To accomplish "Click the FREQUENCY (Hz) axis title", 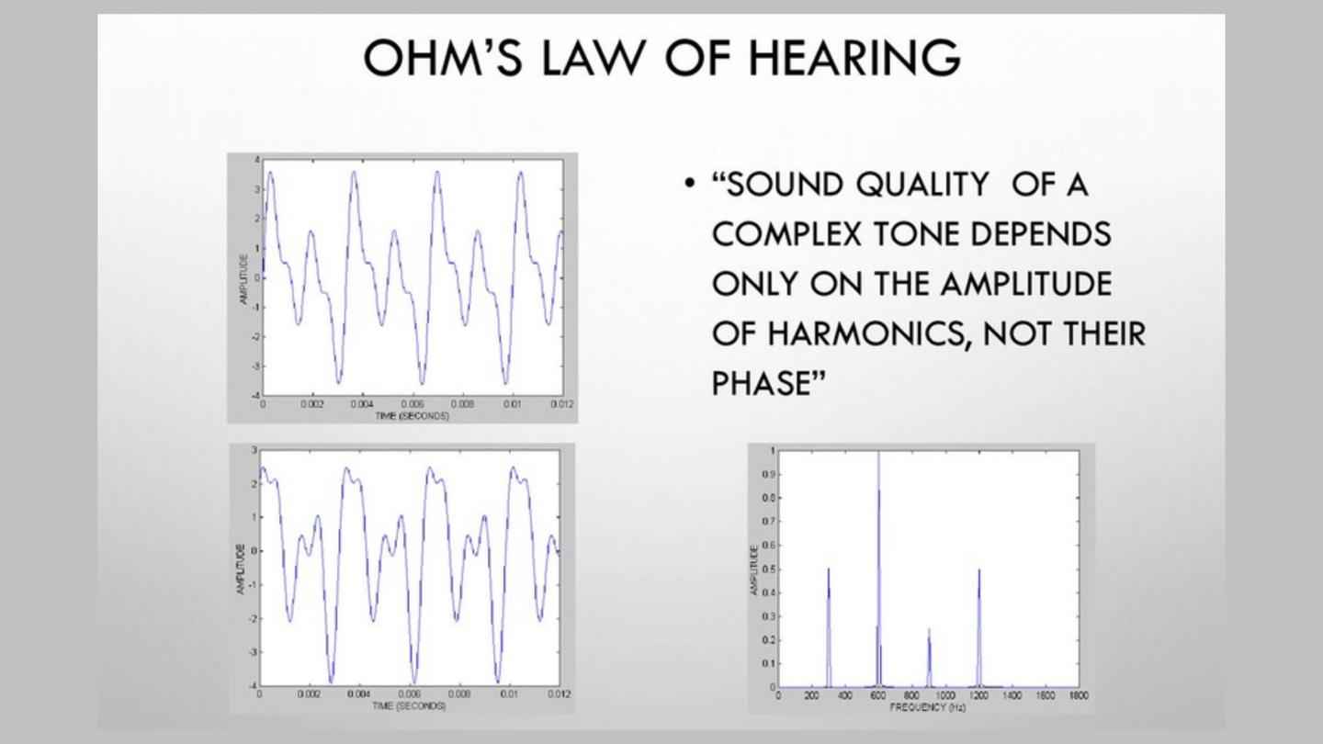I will click(927, 707).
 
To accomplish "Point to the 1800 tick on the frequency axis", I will click(1079, 696).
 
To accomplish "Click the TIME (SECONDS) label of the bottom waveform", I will click(409, 705).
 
